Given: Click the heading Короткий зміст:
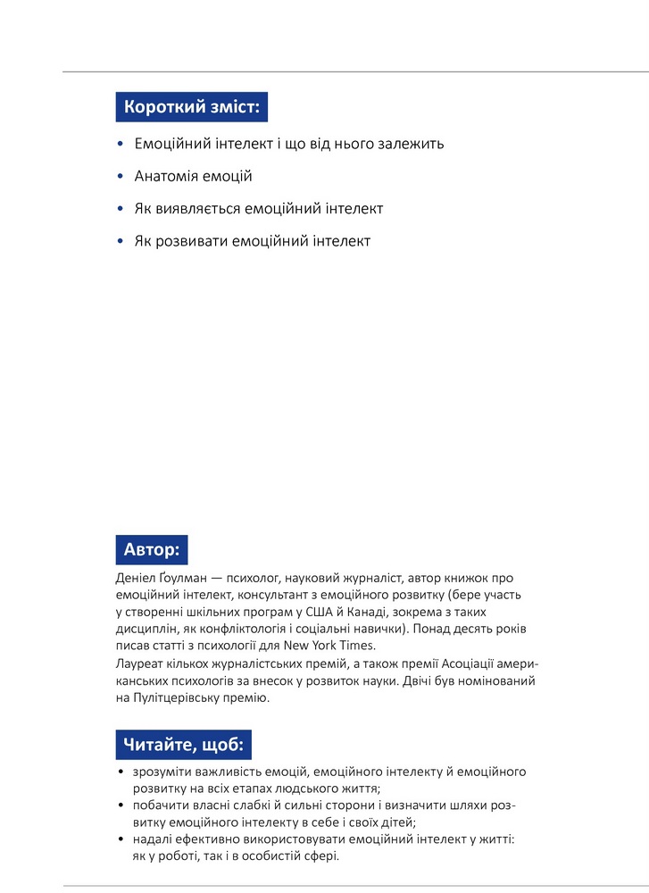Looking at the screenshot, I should click(x=192, y=107).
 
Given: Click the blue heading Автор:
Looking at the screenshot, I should click(x=152, y=549).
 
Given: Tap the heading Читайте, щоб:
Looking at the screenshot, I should click(x=184, y=744).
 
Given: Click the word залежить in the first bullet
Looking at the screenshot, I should click(x=412, y=144).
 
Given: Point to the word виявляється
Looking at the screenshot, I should click(x=195, y=209).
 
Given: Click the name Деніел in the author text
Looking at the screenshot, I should click(x=137, y=579).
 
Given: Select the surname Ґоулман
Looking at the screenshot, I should click(x=187, y=579).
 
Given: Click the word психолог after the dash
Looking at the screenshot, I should click(x=264, y=579).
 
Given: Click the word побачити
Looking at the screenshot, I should click(x=159, y=805).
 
